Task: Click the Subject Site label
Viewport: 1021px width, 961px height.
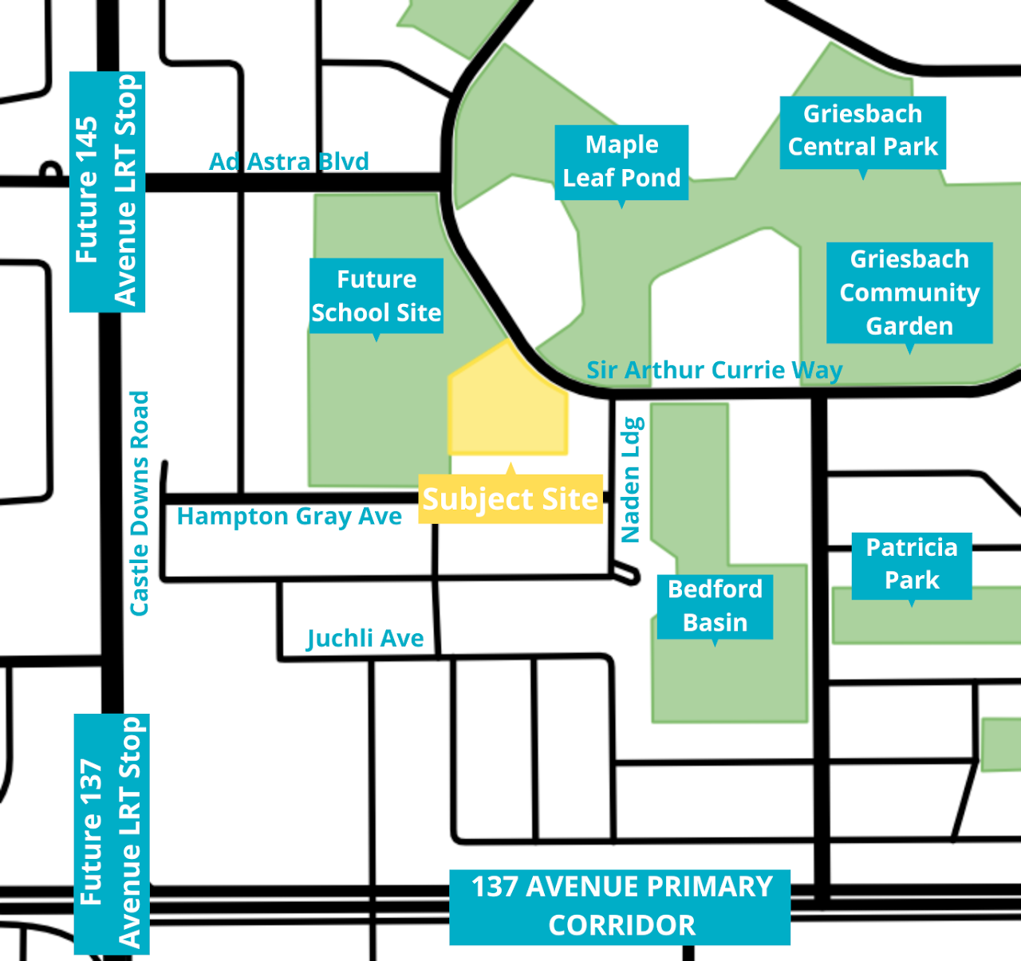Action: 510,498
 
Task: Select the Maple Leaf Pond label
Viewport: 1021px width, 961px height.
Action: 621,162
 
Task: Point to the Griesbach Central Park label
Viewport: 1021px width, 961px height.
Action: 862,132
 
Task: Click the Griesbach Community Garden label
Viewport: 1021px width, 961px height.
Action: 909,292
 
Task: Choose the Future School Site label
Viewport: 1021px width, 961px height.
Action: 376,296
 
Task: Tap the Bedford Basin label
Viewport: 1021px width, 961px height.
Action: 715,606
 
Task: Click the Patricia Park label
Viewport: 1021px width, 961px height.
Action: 912,565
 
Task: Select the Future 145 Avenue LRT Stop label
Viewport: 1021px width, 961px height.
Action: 107,191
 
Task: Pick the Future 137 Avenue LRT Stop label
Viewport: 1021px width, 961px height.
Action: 112,834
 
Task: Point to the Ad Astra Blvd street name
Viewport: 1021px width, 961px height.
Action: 289,161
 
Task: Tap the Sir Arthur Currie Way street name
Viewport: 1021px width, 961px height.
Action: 715,370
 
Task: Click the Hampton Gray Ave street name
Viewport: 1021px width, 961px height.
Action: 289,517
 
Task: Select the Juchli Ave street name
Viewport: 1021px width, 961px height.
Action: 365,639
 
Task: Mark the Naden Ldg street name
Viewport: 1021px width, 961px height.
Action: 632,479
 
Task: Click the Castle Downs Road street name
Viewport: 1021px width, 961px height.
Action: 140,503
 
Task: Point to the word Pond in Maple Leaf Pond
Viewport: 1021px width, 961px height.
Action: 652,178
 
